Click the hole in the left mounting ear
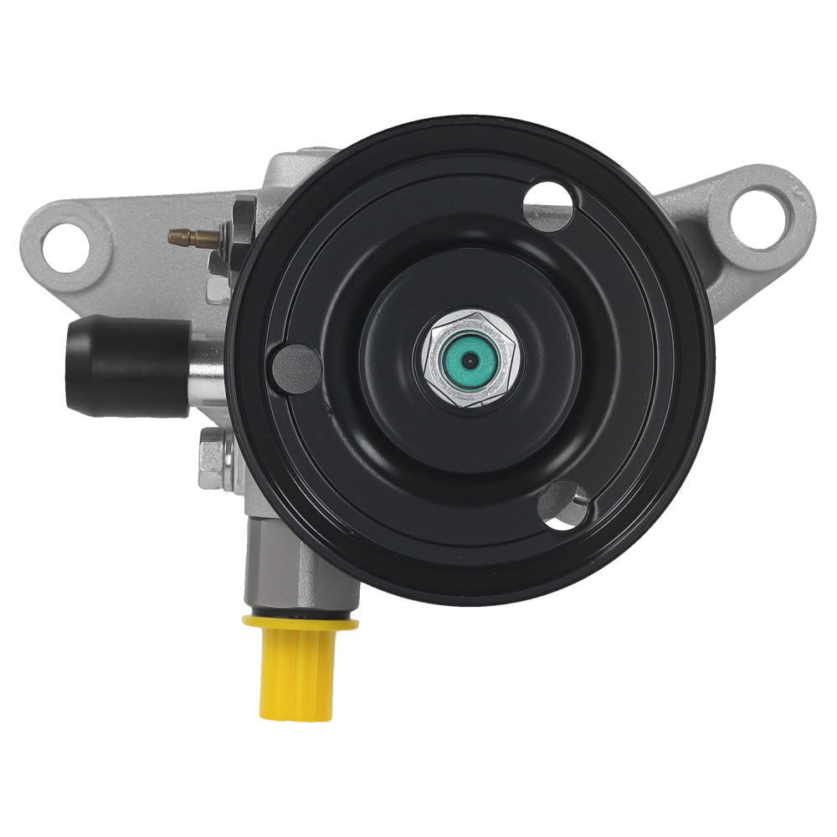coord(65,248)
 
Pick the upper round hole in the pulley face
coord(550,203)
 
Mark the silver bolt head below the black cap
coord(213,459)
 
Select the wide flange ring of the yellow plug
coord(299,622)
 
